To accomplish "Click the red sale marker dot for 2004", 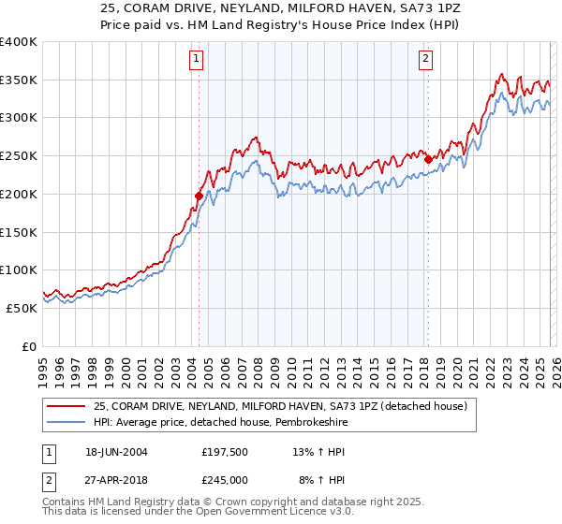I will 199,196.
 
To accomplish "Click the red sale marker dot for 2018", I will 428,160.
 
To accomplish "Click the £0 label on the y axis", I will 29,346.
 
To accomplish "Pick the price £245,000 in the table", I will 225,479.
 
